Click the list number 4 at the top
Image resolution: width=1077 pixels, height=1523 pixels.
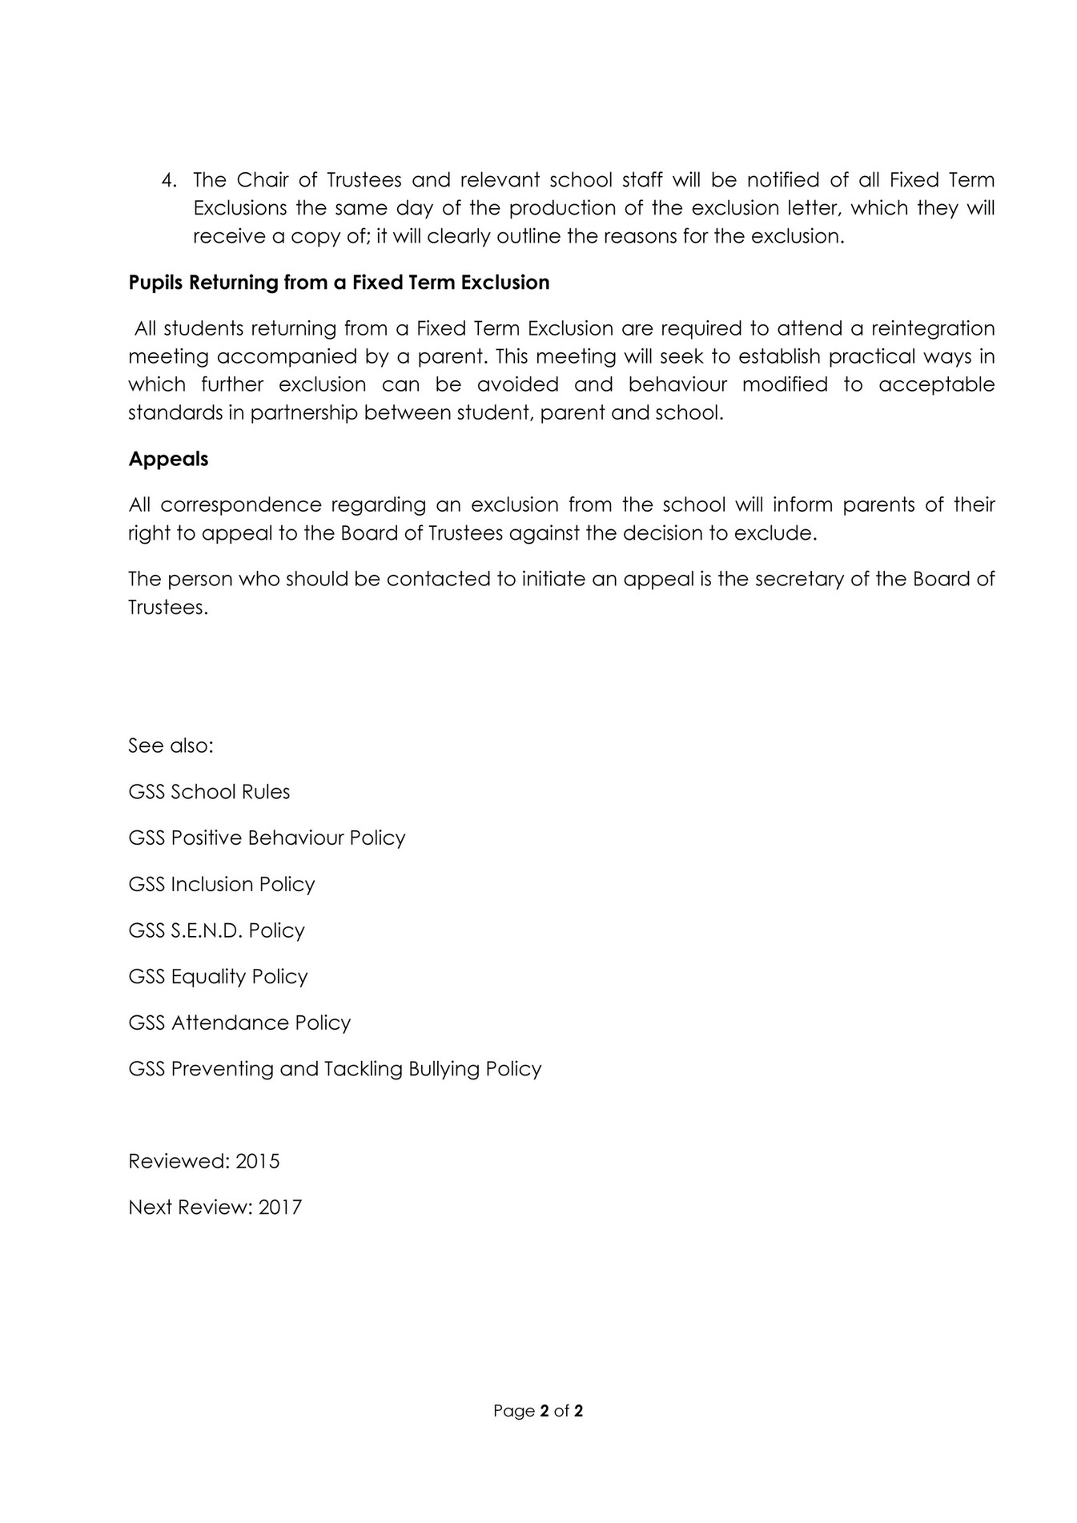pyautogui.click(x=167, y=180)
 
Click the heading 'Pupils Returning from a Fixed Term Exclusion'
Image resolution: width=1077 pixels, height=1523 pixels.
pyautogui.click(x=339, y=283)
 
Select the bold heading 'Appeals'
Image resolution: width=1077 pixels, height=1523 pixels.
pyautogui.click(x=168, y=459)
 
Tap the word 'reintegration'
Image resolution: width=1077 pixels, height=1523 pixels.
pyautogui.click(x=932, y=328)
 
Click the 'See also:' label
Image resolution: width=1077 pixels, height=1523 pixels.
pyautogui.click(x=171, y=745)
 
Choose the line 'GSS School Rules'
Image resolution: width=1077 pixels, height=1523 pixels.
pyautogui.click(x=209, y=792)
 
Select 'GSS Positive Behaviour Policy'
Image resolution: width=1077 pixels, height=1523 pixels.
pyautogui.click(x=267, y=838)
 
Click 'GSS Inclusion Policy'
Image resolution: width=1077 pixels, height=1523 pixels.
pyautogui.click(x=222, y=884)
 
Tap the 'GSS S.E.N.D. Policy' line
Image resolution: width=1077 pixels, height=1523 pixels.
pyautogui.click(x=216, y=930)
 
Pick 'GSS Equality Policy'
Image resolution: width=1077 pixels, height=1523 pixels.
pyautogui.click(x=218, y=977)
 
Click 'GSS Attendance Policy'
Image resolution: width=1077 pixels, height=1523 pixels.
pyautogui.click(x=239, y=1023)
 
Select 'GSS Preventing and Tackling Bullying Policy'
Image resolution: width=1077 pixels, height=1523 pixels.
pyautogui.click(x=335, y=1069)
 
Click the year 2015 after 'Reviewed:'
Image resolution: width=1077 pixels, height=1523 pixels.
pyautogui.click(x=257, y=1161)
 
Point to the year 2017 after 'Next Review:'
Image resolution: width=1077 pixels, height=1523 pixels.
pyautogui.click(x=279, y=1208)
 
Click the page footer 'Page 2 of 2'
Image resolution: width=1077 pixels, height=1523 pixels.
pyautogui.click(x=538, y=1411)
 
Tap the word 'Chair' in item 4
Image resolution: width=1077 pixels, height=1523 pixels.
pyautogui.click(x=262, y=180)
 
